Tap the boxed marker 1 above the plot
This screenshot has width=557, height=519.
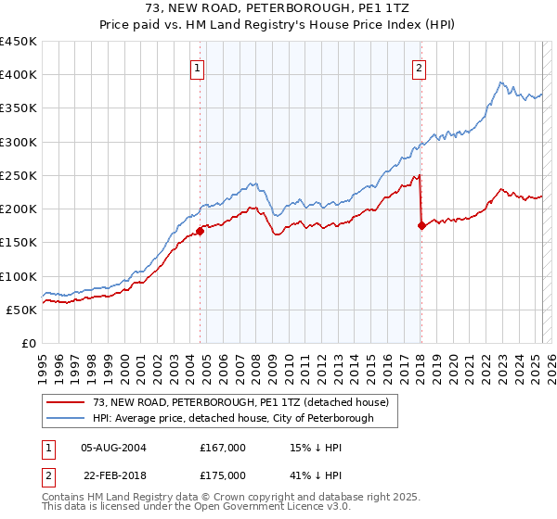tap(199, 67)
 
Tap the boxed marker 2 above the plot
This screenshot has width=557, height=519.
tap(420, 67)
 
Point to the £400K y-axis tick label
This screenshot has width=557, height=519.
tap(19, 75)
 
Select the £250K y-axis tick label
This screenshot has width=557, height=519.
tap(19, 175)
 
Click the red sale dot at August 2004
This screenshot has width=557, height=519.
tap(201, 232)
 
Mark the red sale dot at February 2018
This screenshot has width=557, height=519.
tap(421, 225)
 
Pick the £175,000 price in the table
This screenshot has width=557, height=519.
tap(223, 475)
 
